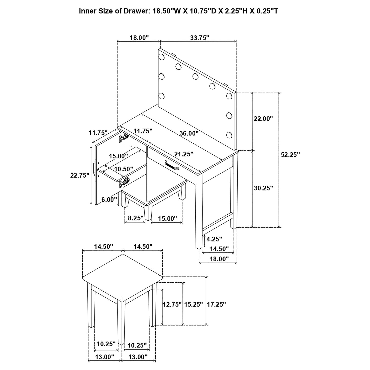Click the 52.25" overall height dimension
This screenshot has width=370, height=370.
[290, 154]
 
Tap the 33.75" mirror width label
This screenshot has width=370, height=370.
[200, 38]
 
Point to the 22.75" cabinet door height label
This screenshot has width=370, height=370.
[80, 175]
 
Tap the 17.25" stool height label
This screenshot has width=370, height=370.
[216, 304]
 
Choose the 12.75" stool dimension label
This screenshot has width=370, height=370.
[172, 304]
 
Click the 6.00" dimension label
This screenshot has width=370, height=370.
[109, 199]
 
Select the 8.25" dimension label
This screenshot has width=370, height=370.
[135, 218]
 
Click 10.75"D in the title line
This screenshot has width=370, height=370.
[199, 11]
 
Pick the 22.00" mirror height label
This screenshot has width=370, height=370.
[263, 119]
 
